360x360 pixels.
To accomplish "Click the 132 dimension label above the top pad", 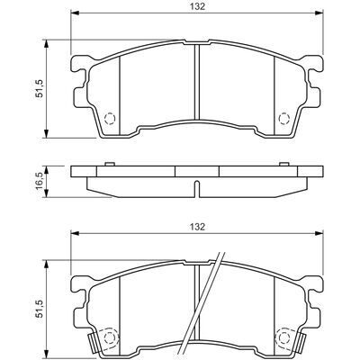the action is point(197,6).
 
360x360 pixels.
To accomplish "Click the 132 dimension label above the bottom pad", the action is point(197,227).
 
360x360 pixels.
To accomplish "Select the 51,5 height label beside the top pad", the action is point(40,88).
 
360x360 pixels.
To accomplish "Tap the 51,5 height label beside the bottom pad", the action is point(40,309).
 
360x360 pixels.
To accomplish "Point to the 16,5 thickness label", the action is point(40,182).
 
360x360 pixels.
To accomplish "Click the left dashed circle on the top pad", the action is point(110,118).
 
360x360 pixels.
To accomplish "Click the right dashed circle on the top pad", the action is point(283,118).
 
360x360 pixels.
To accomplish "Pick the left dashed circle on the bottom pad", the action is point(110,338).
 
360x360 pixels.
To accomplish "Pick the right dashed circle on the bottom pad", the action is point(283,338).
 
